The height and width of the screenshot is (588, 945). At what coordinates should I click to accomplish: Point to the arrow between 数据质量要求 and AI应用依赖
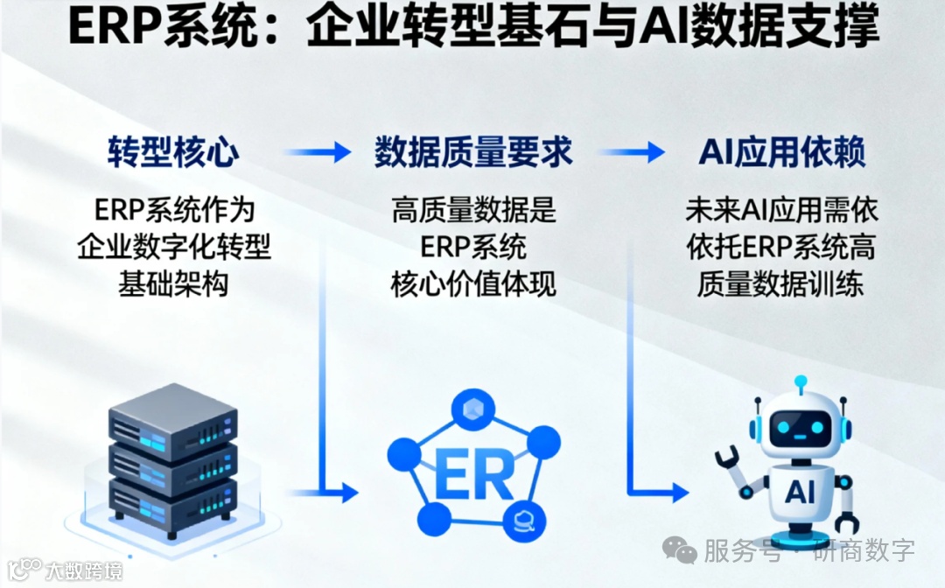[x=632, y=153]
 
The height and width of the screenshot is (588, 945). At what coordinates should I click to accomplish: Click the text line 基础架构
[x=173, y=284]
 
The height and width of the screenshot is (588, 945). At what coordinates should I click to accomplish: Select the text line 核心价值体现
[x=473, y=284]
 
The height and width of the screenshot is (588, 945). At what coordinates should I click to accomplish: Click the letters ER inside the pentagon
[x=473, y=475]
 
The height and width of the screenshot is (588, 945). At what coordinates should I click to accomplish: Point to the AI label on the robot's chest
[x=800, y=492]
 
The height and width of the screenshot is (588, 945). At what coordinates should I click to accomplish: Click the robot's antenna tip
[x=800, y=382]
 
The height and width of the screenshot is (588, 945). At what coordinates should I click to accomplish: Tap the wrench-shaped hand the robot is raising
[x=728, y=461]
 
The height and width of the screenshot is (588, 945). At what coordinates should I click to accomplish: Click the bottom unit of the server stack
[x=172, y=499]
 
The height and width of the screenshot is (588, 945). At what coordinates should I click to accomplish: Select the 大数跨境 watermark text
[x=84, y=571]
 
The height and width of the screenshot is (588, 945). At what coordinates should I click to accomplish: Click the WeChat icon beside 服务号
[x=679, y=550]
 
